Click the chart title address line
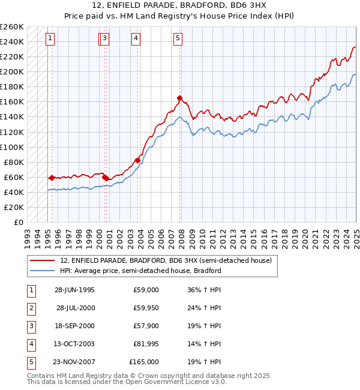[x=179, y=6]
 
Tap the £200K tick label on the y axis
[x=12, y=71]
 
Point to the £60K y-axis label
[x=14, y=177]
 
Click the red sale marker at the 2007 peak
[x=179, y=98]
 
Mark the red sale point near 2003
[x=137, y=160]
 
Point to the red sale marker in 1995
[x=52, y=178]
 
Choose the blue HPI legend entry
[x=140, y=271]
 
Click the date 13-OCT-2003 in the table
[x=74, y=344]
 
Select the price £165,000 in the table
[x=145, y=362]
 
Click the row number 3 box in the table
[x=30, y=326]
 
